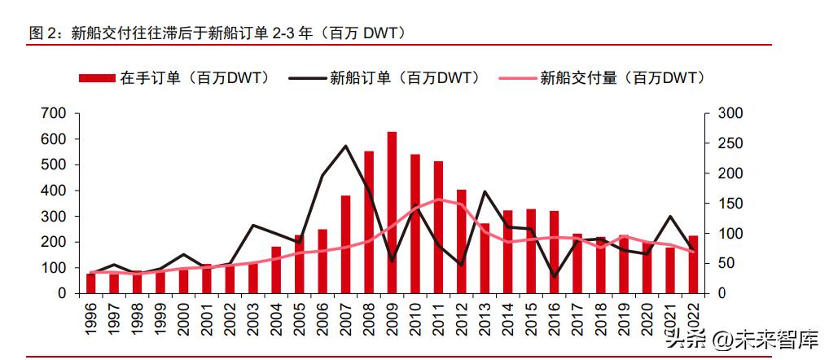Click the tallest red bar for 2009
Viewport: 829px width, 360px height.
click(392, 212)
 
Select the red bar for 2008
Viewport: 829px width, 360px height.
click(369, 222)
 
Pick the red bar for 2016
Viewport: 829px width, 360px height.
click(554, 252)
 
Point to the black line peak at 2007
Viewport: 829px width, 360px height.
click(345, 147)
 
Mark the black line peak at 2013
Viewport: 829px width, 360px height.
click(485, 192)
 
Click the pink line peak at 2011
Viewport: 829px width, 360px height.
click(438, 199)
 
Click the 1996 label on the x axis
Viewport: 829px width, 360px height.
click(91, 318)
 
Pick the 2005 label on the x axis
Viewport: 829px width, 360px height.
click(300, 318)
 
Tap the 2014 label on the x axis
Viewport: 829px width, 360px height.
click(508, 318)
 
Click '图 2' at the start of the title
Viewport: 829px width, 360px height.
click(42, 33)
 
